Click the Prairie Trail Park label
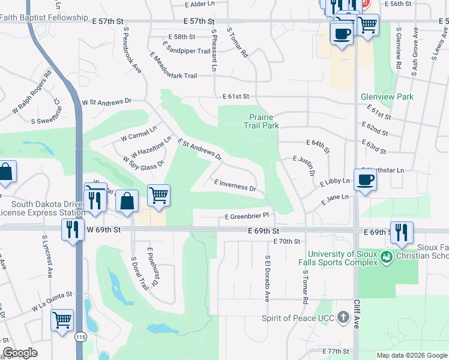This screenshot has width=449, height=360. click(x=261, y=122)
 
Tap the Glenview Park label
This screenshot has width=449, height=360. click(x=387, y=97)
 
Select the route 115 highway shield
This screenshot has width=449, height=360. click(x=80, y=337)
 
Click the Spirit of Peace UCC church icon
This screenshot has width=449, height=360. click(x=343, y=317)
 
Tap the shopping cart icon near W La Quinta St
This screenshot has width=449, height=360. click(x=62, y=321)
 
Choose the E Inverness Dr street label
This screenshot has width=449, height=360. click(x=235, y=185)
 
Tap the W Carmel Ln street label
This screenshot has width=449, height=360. click(x=138, y=133)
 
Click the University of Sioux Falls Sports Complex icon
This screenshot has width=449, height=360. click(x=387, y=257)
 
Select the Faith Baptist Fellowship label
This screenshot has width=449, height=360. click(x=44, y=18)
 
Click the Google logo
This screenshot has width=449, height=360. click(x=20, y=353)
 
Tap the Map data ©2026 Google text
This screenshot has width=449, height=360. click(x=412, y=355)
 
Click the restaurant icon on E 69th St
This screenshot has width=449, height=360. click(x=402, y=232)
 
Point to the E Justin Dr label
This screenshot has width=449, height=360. click(x=304, y=166)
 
